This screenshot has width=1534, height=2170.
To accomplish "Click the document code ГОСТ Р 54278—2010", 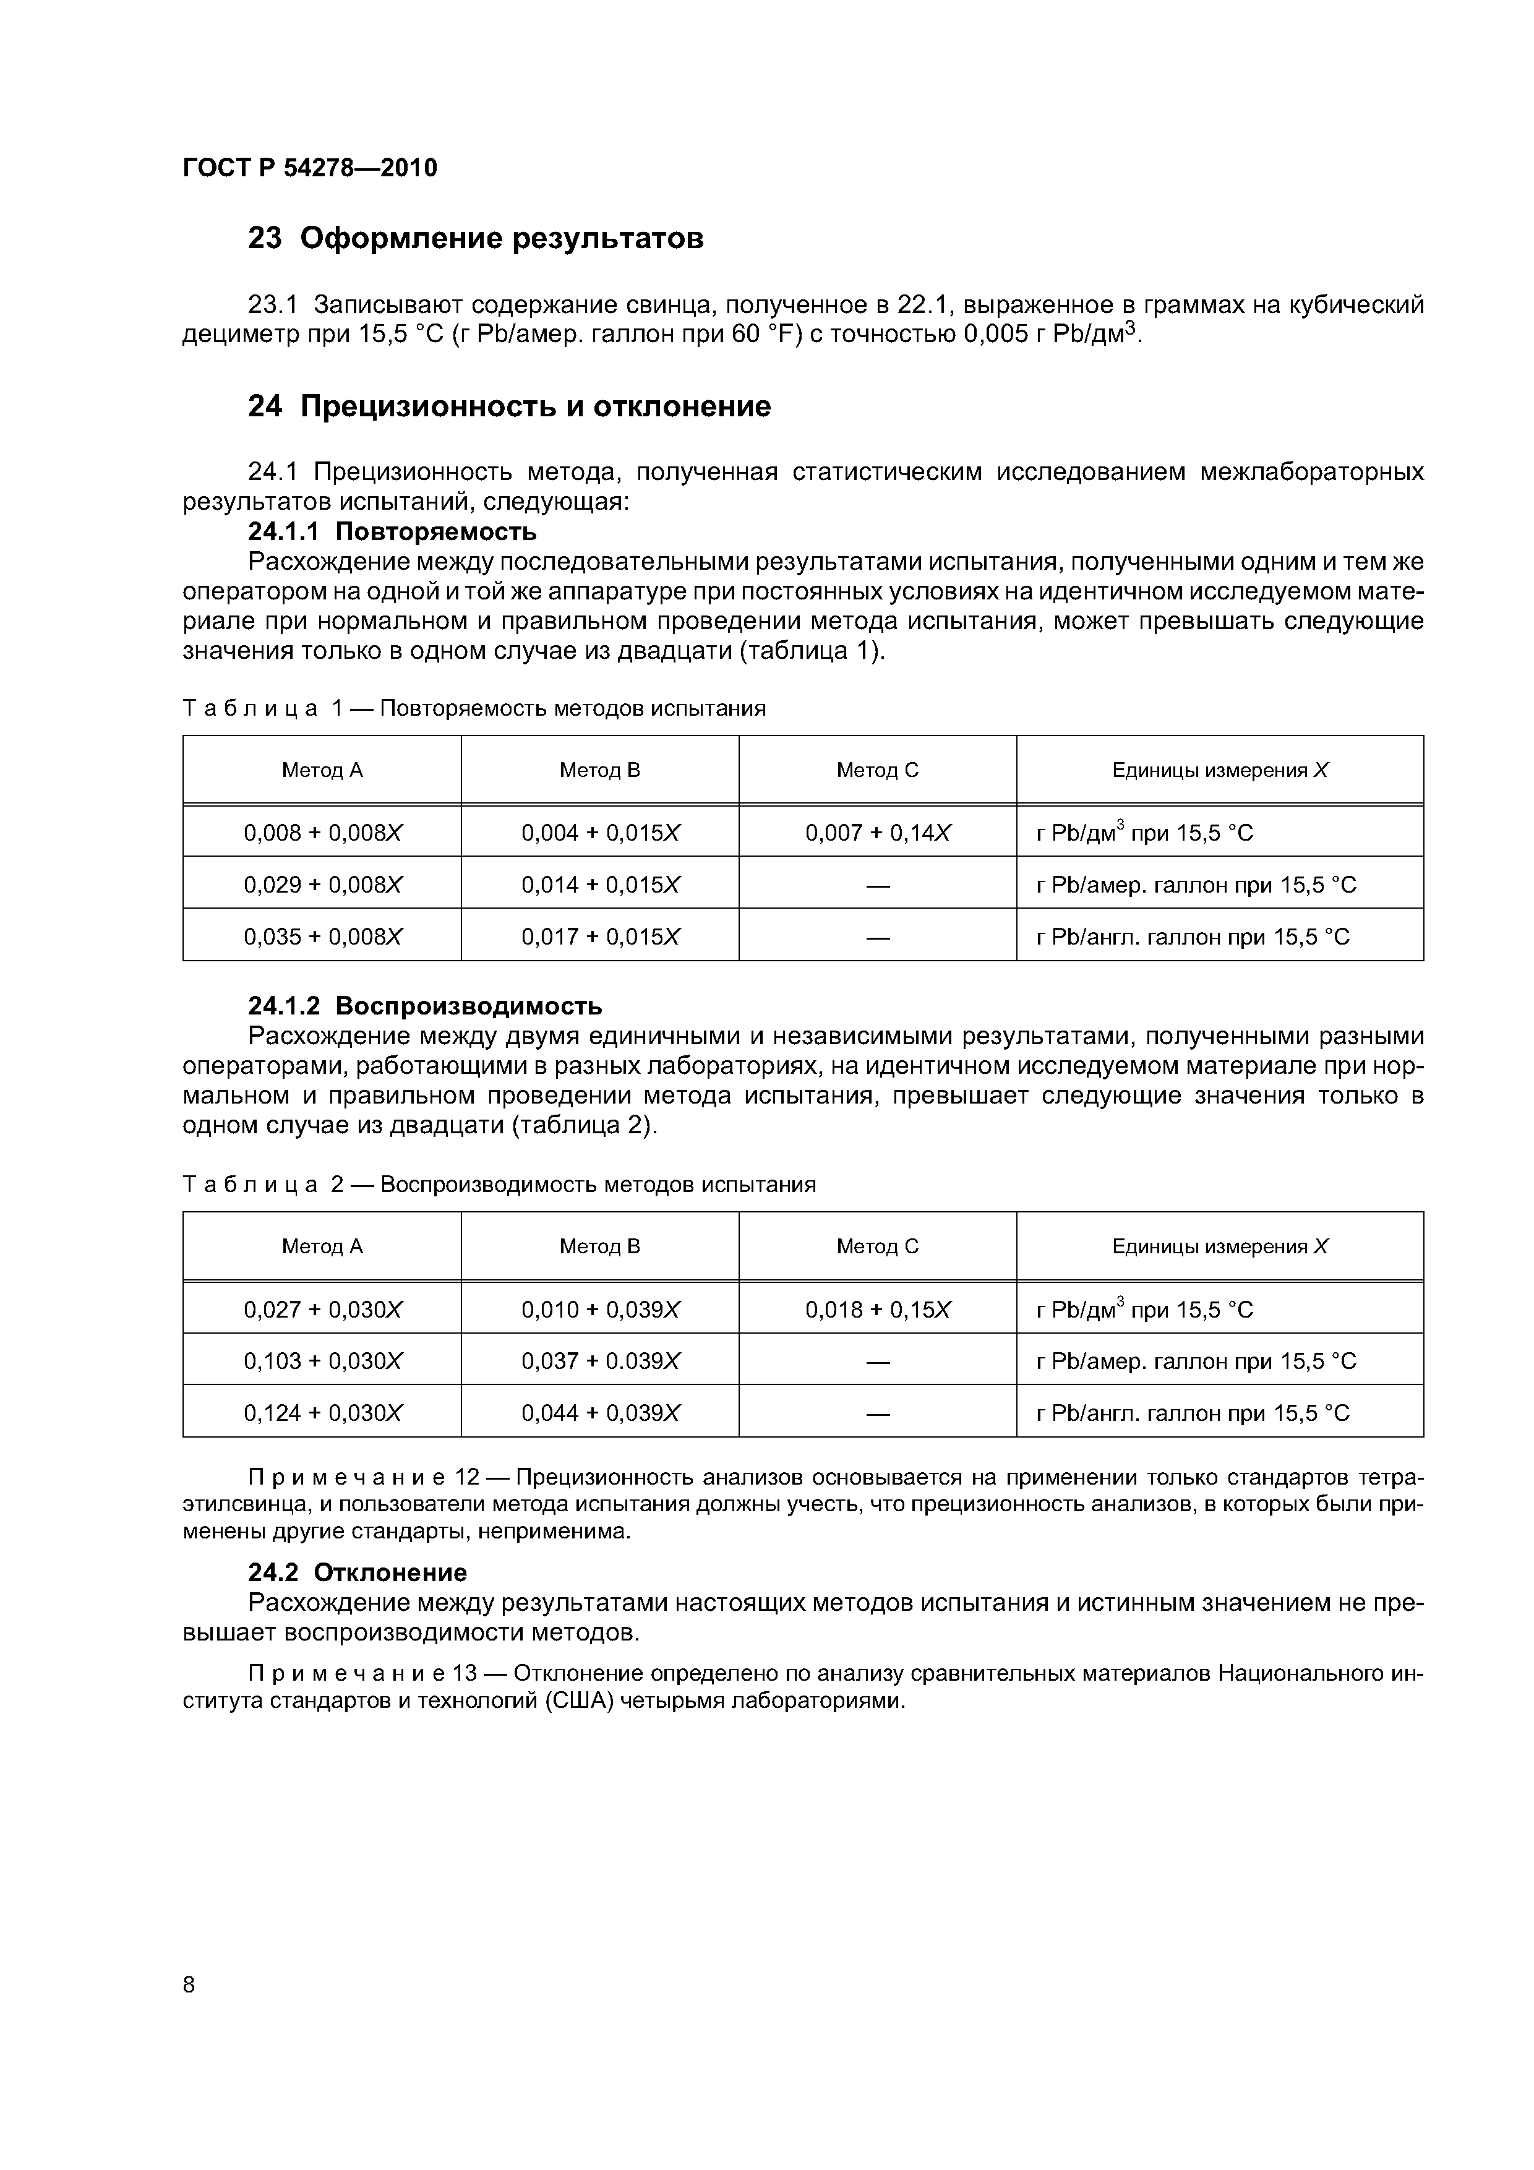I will coord(310,168).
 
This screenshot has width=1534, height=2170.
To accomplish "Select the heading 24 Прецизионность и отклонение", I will coord(510,406).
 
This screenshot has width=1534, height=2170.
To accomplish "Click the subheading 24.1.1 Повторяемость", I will coord(392,531).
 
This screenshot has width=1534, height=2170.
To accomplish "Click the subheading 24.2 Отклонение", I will coord(358,1572).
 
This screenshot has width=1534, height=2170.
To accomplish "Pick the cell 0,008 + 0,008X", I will coord(322,833).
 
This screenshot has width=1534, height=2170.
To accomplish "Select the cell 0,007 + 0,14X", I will coord(878,833).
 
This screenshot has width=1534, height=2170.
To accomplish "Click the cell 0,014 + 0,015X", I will coord(600,885).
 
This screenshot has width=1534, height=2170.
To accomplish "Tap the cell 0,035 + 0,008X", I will coord(322,937).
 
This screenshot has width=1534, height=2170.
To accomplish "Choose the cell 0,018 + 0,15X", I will coord(878,1309).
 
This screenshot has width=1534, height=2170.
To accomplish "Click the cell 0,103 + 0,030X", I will coord(322,1361).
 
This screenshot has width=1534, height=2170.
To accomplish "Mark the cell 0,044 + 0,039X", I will coord(600,1413).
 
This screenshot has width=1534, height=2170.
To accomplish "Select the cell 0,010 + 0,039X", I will coord(600,1309).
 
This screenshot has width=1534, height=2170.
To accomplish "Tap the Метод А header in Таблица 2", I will coord(322,1246).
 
